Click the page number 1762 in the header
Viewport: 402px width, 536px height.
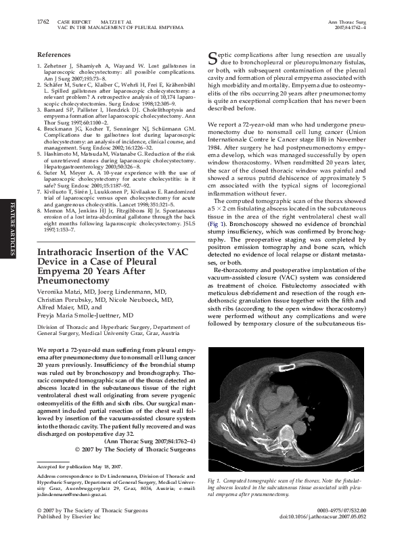tap(42, 22)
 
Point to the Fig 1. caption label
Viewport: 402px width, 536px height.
tap(215, 480)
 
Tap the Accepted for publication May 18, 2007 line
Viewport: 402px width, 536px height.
tap(74, 467)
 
